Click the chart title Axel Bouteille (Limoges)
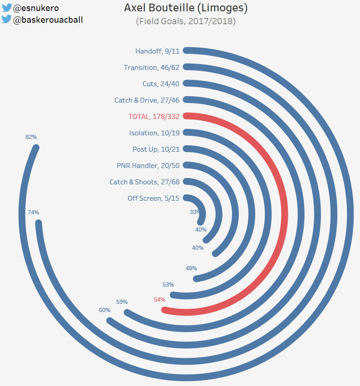186,8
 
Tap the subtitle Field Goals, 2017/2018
186,21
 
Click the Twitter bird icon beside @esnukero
6,8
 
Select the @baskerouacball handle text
48,20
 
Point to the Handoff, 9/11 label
157,51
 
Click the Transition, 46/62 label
152,68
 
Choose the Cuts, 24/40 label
161,84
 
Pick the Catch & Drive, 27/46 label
147,100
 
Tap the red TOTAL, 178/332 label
154,117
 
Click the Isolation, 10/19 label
154,133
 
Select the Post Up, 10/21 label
156,149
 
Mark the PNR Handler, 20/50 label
148,166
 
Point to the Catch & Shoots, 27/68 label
144,182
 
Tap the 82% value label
31,137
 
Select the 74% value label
33,212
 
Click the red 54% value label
159,300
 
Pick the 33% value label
195,212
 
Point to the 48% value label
191,268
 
